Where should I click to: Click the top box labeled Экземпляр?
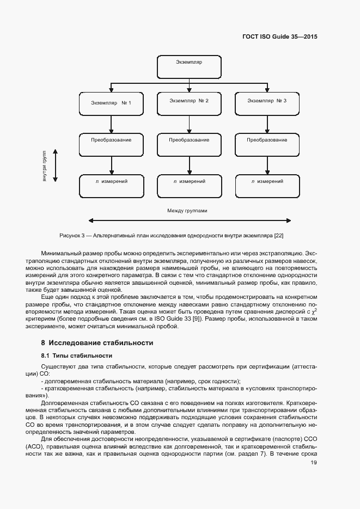click(189, 66)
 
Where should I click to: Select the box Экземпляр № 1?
click(112, 102)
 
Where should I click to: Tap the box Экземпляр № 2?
click(189, 102)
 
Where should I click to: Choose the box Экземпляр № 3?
click(267, 102)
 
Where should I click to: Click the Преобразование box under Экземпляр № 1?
click(112, 144)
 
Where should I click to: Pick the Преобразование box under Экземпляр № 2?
click(189, 144)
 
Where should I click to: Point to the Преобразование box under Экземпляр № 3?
click(267, 144)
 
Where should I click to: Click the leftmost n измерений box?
click(112, 185)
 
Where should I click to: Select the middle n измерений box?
click(189, 185)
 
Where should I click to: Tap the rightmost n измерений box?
click(267, 185)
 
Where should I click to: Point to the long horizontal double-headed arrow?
click(189, 220)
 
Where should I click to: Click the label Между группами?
click(187, 210)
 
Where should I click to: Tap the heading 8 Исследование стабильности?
click(97, 343)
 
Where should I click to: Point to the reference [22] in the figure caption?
click(278, 235)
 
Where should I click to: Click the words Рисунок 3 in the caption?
click(73, 235)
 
